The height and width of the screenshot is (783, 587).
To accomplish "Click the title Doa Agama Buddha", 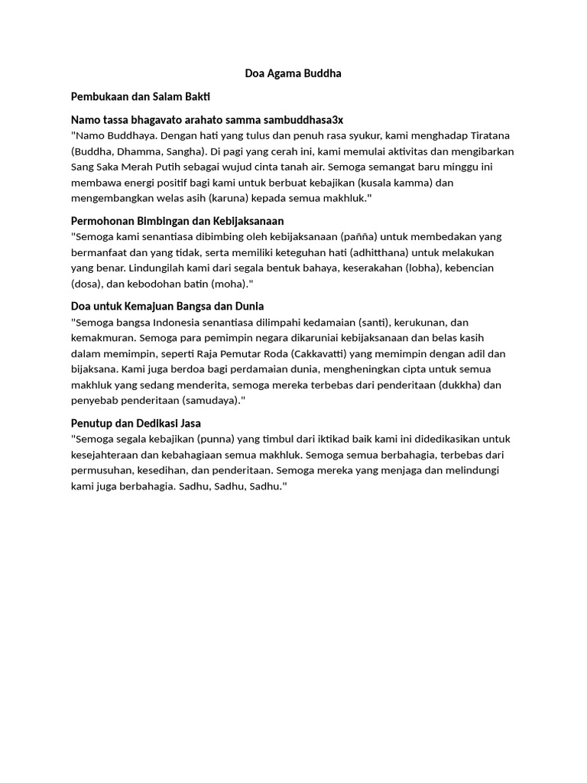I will pyautogui.click(x=293, y=73).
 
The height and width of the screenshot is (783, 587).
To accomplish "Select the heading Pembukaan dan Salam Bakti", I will pyautogui.click(x=140, y=96).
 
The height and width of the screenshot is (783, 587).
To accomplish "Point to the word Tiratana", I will pyautogui.click(x=489, y=135).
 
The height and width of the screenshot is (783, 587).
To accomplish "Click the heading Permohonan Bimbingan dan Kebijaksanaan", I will pyautogui.click(x=177, y=221).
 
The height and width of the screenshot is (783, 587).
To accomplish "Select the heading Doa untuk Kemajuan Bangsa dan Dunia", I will pyautogui.click(x=167, y=306).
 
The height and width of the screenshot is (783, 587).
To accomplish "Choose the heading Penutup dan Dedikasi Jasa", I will pyautogui.click(x=136, y=423).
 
